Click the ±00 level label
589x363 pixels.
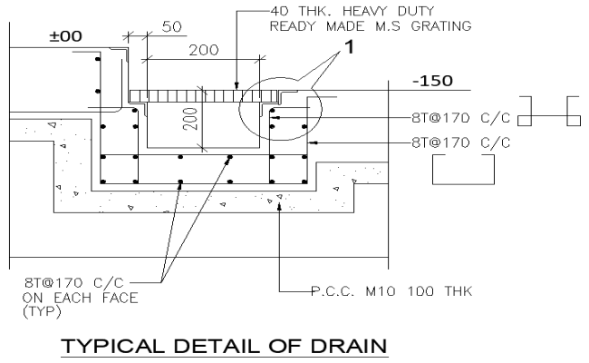65,36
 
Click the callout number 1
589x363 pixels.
345,53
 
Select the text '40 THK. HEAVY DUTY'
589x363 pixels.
337,11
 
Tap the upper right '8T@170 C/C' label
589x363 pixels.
459,118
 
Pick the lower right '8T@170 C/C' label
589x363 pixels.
459,142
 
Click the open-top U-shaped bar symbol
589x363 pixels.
462,168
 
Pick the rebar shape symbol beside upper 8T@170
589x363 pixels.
550,113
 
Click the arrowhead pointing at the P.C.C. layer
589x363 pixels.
281,206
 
